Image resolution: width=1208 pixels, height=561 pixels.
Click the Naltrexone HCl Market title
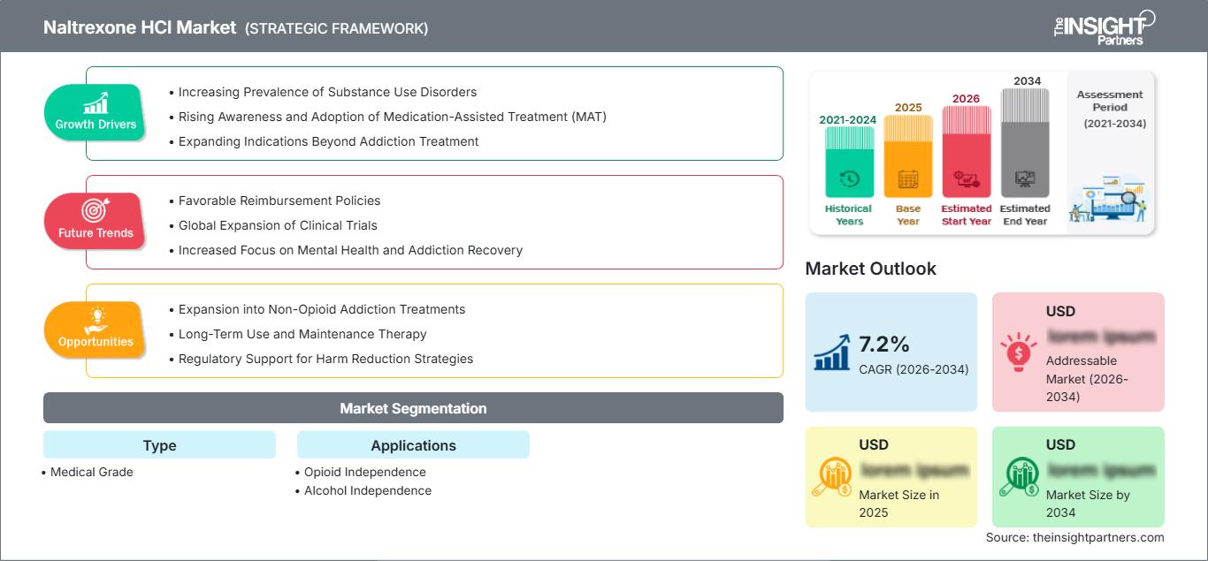point(140,27)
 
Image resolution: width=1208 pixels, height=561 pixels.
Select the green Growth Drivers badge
point(96,113)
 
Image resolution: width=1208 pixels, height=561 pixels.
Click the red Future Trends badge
point(96,221)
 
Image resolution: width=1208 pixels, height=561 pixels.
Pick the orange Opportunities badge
point(96,330)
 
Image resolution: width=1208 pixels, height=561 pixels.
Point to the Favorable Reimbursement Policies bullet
point(279,201)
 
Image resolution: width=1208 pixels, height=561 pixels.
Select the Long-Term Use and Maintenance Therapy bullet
point(302,334)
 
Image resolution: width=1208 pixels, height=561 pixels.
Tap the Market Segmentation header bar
point(413,408)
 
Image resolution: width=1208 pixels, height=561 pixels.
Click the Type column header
point(159,445)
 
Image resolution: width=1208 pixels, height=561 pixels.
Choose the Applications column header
point(413,445)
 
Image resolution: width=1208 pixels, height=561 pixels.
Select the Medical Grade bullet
point(91,472)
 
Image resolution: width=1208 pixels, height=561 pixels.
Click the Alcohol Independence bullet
point(367,490)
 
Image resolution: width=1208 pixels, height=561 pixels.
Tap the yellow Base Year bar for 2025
point(908,159)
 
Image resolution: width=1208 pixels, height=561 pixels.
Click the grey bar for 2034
point(1025,146)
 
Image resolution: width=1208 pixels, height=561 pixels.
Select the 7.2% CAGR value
point(884,344)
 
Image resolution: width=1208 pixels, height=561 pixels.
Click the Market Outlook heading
point(870,269)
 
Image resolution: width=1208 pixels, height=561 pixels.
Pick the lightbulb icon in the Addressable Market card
point(1018,351)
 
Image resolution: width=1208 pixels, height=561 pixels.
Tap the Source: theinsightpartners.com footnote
point(1074,537)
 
